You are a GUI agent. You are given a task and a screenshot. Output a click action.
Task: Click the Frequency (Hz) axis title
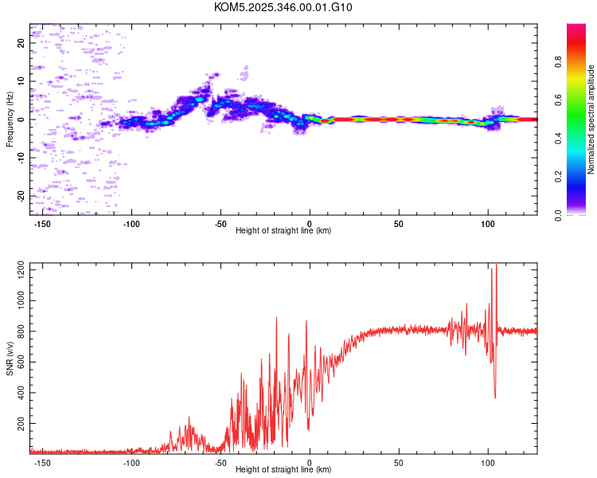coord(10,119)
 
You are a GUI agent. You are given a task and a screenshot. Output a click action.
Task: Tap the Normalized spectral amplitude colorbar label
coord(591,120)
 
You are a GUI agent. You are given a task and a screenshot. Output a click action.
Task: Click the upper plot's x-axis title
coord(283,230)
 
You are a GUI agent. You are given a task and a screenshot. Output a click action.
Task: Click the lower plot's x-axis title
coord(283,469)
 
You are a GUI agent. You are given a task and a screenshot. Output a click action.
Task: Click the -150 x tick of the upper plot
coord(44,223)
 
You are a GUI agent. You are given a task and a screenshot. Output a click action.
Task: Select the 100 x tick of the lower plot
coord(488,462)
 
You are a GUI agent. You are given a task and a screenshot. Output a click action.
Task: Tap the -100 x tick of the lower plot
coord(132,462)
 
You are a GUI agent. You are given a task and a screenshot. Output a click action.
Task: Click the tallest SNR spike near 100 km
coord(492,268)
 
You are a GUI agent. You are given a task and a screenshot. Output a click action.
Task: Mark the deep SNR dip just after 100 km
coord(495,397)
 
